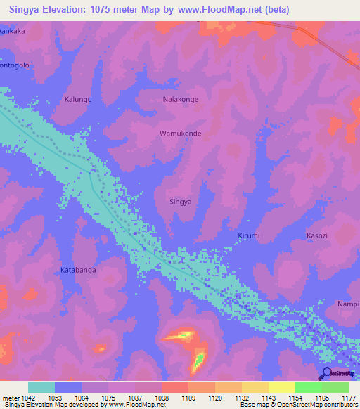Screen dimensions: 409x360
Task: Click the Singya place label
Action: (x=181, y=202)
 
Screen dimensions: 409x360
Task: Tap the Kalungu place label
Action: (x=78, y=100)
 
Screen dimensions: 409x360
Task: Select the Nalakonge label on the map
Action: (x=181, y=100)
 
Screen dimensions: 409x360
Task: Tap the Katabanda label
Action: (x=78, y=269)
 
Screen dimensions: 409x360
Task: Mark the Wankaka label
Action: (x=12, y=31)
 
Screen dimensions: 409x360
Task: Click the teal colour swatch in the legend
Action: (x=41, y=387)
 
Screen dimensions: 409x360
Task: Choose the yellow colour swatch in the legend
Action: (x=282, y=387)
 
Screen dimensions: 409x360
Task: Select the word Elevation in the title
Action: (x=65, y=9)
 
